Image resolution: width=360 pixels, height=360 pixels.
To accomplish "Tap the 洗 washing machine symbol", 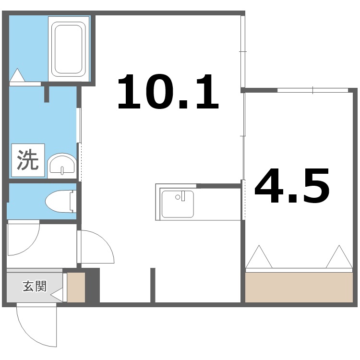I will [28, 160].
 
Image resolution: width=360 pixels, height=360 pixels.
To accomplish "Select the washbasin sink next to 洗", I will [62, 165].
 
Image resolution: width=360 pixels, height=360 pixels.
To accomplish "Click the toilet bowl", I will [60, 201].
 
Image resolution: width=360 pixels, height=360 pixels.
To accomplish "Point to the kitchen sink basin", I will [177, 204].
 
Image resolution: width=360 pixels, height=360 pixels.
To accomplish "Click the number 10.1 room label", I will [168, 91].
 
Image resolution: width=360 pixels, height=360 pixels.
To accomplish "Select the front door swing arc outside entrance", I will [36, 326].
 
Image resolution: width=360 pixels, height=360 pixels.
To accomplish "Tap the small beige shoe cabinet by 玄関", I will [76, 287].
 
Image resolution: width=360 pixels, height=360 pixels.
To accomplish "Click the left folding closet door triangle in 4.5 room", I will [260, 257].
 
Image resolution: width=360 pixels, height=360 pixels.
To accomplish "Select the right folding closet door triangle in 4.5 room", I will [339, 257].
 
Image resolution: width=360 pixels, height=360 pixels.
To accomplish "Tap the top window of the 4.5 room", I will [312, 90].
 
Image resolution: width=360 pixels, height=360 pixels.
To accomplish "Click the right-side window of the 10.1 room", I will [243, 51].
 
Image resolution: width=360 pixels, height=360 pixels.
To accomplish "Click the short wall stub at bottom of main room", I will [153, 285].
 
